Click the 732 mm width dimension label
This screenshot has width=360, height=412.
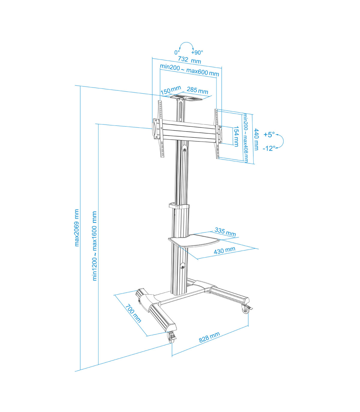[189, 60]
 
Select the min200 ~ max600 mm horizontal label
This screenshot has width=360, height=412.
[189, 70]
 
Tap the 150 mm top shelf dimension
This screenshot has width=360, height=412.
[171, 90]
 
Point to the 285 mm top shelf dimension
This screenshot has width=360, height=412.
[197, 90]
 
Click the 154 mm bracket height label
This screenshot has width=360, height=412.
[236, 136]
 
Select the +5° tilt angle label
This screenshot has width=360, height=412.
[269, 135]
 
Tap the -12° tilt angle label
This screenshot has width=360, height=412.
[269, 148]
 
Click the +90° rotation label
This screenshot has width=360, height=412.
[197, 53]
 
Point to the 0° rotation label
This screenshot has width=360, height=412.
[177, 53]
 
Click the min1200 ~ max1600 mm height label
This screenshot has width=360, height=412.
[95, 246]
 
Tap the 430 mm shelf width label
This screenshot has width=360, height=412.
[224, 250]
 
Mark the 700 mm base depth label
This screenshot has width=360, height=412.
[133, 313]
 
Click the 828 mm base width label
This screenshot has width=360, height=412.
[209, 337]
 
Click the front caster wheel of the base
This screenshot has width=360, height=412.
[172, 338]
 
